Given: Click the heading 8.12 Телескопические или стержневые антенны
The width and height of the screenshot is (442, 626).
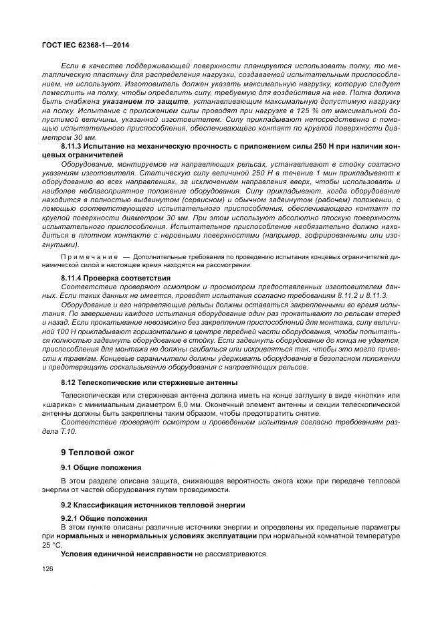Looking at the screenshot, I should click(x=149, y=382).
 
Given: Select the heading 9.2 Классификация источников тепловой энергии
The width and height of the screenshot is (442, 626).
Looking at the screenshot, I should click(x=153, y=503).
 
